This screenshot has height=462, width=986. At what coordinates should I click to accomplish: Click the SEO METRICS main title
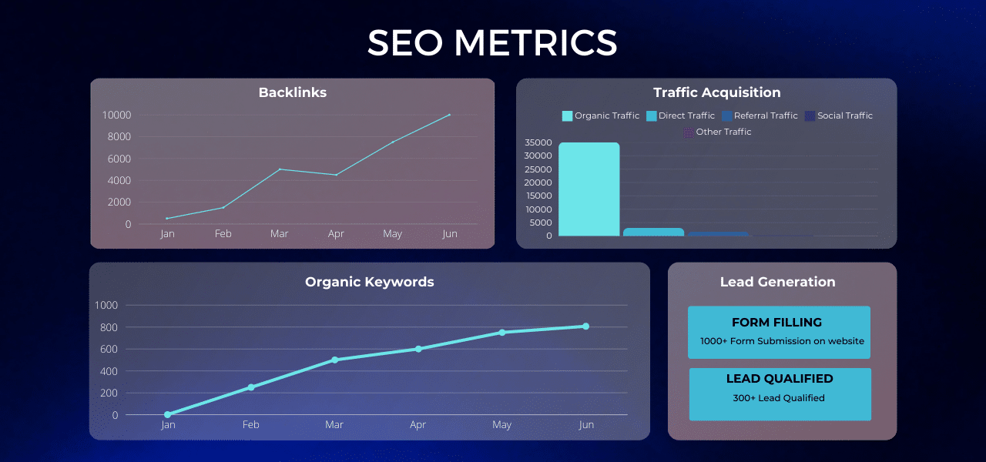coord(492,43)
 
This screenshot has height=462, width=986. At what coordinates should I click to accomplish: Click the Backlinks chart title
coord(293,92)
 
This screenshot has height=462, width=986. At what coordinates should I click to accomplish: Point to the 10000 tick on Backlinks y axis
coord(116,115)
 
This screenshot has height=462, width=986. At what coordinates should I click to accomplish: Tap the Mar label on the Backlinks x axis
coord(279,234)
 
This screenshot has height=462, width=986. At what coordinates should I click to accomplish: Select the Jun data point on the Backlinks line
coord(449,115)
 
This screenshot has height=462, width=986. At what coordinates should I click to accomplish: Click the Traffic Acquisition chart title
coord(716,92)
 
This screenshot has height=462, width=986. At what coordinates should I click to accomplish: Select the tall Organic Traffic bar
coord(589,189)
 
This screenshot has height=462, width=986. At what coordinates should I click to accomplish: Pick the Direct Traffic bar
coord(653,232)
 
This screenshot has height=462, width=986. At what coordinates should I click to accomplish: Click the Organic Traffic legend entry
coord(601,115)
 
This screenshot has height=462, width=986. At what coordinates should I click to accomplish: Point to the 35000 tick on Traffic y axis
coord(538,142)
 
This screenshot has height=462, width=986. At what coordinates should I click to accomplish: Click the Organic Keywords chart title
coord(370,282)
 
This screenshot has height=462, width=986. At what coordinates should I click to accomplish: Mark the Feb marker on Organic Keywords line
coord(251,387)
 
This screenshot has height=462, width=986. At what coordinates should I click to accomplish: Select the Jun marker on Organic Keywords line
coord(585,326)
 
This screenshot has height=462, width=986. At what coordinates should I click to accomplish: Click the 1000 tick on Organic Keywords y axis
coord(106,306)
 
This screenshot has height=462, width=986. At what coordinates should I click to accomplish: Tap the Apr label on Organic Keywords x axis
coord(418,425)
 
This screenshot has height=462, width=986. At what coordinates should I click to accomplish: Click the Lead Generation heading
coord(777,282)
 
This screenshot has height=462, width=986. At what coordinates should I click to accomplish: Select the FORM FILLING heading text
coord(776,323)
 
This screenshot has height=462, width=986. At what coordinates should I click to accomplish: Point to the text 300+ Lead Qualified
coord(779,398)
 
